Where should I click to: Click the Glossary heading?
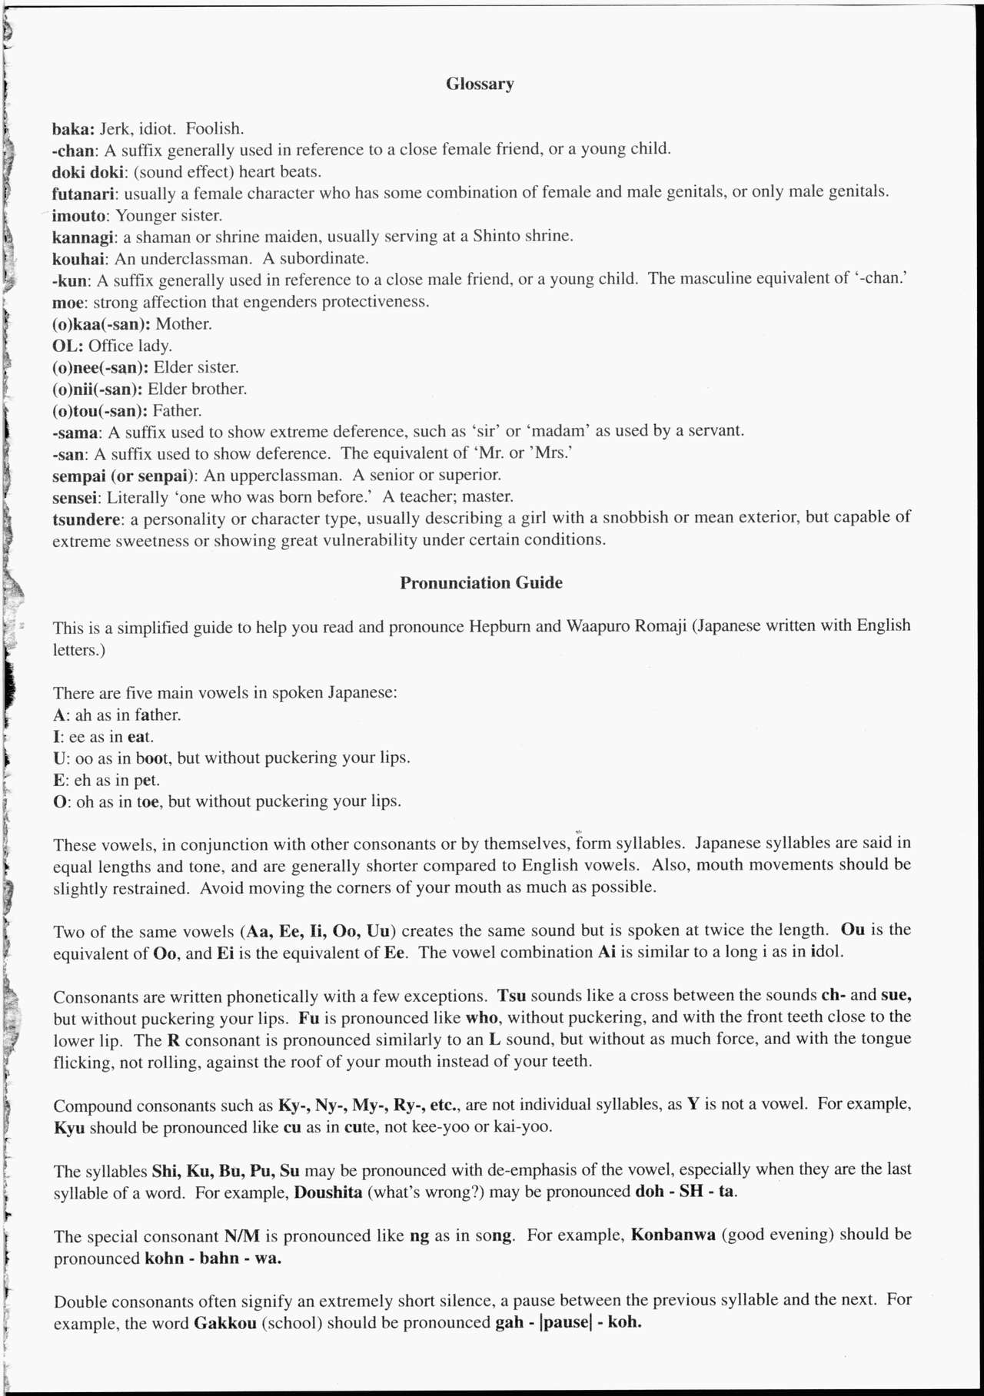coord(480,84)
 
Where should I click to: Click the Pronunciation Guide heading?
coord(480,583)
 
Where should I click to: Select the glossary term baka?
coord(71,128)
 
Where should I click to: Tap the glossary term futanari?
coord(84,193)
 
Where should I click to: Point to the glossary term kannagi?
coord(83,237)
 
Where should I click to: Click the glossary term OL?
coord(66,346)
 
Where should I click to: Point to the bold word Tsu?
coord(511,996)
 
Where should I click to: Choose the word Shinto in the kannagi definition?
coord(495,236)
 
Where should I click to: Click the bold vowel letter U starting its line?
coord(58,758)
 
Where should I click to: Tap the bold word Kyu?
coord(69,1128)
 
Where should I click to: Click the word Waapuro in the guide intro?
coord(597,626)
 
